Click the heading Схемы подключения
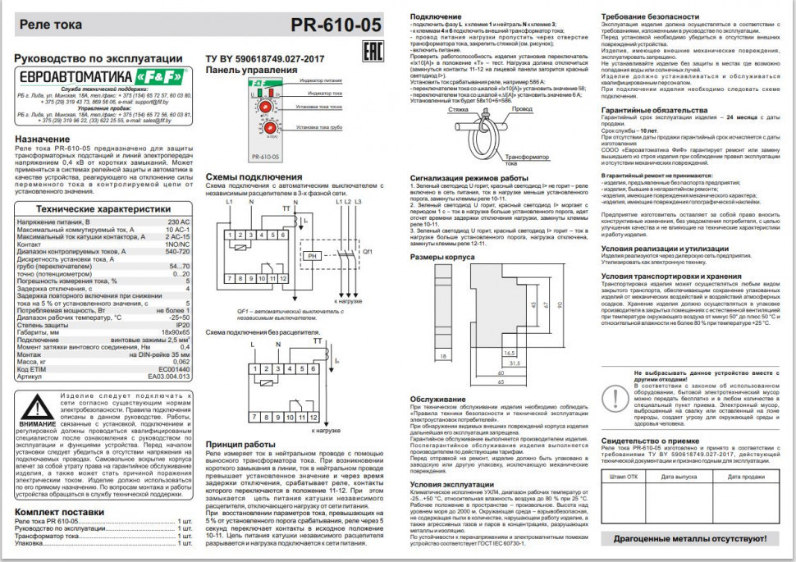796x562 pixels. pyautogui.click(x=248, y=177)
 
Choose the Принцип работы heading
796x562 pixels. pyautogui.click(x=240, y=443)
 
